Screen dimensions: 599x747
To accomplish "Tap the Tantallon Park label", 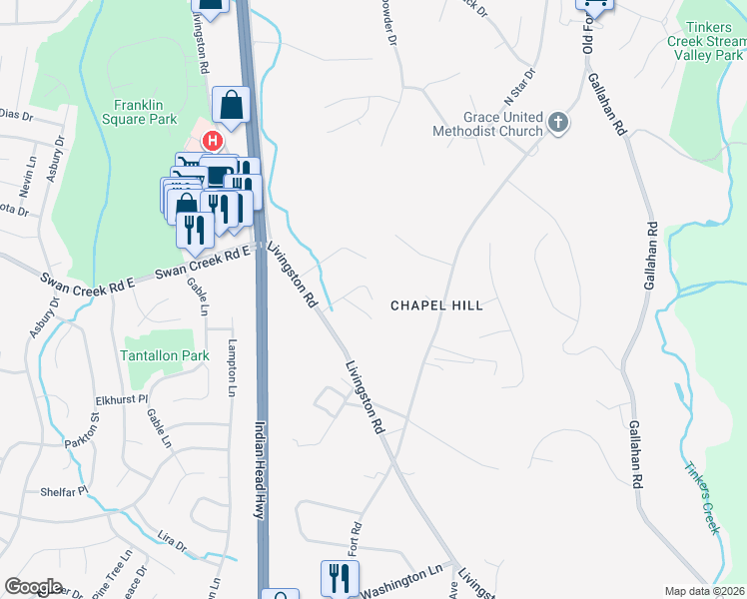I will pos(165,354).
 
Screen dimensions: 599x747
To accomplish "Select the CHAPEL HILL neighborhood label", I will pos(436,305).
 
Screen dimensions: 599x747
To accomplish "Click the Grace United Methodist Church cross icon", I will pos(558,124).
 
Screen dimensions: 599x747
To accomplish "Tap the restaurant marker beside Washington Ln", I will pos(339,576).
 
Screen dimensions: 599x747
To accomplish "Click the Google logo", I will pos(33,587).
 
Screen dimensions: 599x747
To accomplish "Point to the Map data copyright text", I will pos(705,591).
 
